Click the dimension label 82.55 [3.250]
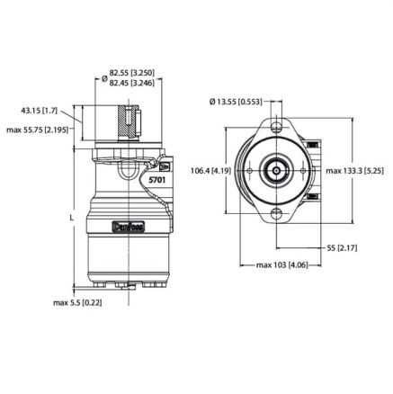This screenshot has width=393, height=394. click(132, 73)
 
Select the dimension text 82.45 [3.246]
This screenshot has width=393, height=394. click(132, 83)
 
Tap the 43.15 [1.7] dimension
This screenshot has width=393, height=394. click(39, 111)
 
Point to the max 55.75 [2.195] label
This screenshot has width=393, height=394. click(37, 130)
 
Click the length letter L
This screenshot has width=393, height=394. click(71, 217)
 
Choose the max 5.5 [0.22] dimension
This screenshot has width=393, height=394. click(77, 303)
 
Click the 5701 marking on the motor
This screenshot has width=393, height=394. click(157, 180)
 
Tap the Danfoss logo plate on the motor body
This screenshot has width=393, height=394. click(129, 227)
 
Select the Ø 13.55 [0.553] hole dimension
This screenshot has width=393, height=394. click(236, 102)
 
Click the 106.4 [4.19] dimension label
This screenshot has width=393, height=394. click(210, 171)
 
